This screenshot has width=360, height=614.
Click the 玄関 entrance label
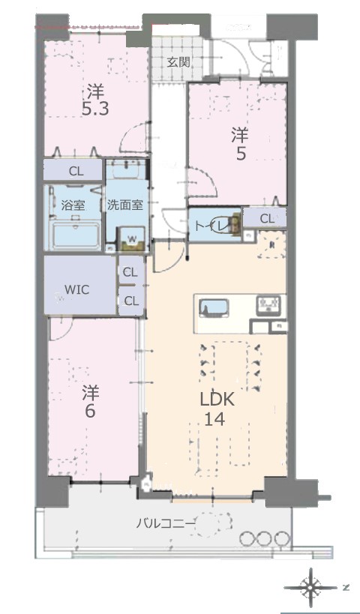tap(179, 62)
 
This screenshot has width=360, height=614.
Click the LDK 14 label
tap(217, 409)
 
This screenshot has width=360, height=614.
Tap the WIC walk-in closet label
tap(76, 290)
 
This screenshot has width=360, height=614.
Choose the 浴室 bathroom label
tap(73, 205)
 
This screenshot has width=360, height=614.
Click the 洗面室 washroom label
tap(125, 205)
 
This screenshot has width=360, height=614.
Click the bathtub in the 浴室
tap(76, 235)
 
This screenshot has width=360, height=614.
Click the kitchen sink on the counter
tap(214, 308)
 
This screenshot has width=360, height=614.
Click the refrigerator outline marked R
tap(271, 244)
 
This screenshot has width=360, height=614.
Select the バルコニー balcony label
tap(165, 523)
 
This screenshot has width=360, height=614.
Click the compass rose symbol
tap(310, 587)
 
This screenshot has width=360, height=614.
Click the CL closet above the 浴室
tap(73, 170)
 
